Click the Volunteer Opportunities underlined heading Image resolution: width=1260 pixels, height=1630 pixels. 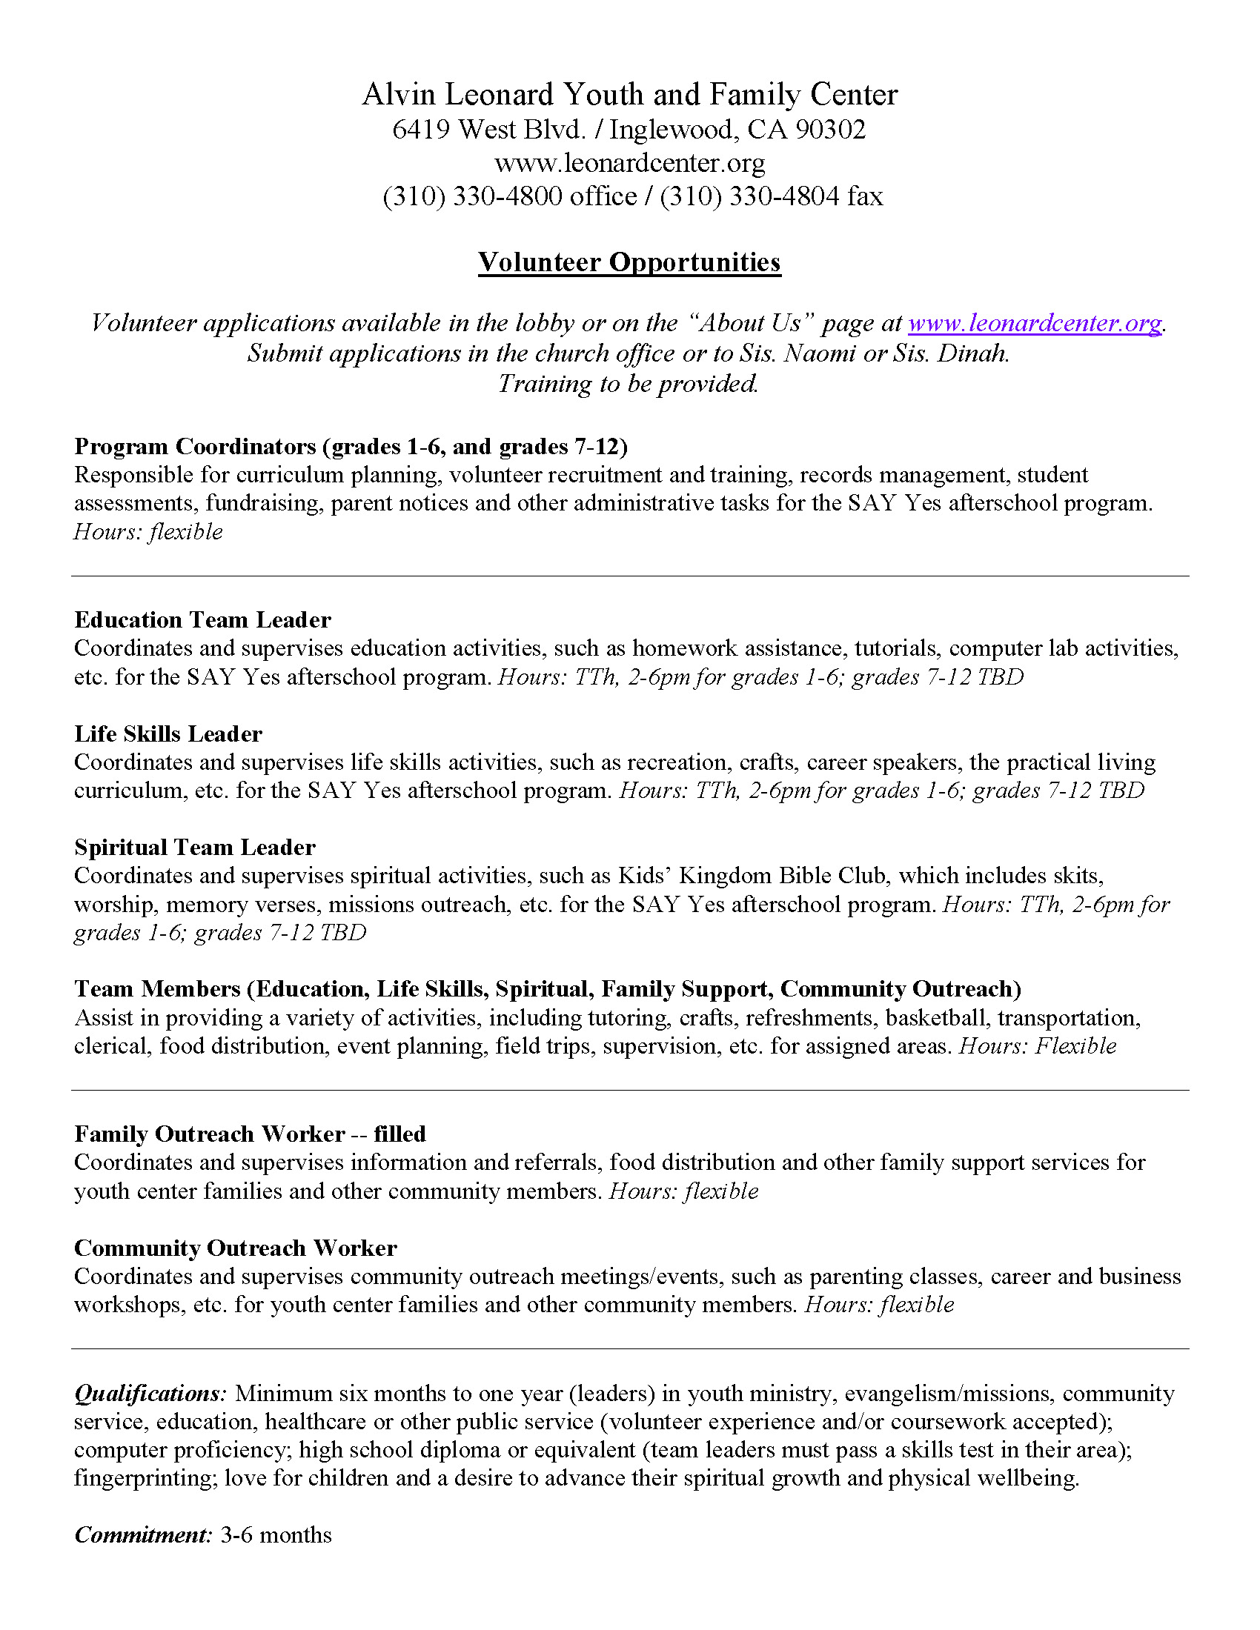[629, 262]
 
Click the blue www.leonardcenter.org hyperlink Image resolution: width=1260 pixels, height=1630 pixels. [1035, 323]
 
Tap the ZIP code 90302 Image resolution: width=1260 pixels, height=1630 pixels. [830, 130]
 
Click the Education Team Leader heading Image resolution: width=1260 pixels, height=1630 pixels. [202, 619]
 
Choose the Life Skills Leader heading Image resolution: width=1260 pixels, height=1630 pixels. [168, 733]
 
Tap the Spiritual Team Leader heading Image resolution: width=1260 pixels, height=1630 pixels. [195, 847]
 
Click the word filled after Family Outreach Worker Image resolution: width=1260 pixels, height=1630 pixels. [399, 1134]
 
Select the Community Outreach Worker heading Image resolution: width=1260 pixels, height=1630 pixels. [235, 1248]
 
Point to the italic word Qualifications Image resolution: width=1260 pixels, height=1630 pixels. [149, 1393]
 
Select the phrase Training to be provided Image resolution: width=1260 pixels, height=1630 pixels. [628, 384]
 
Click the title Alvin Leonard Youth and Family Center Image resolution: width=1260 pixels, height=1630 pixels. [630, 95]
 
